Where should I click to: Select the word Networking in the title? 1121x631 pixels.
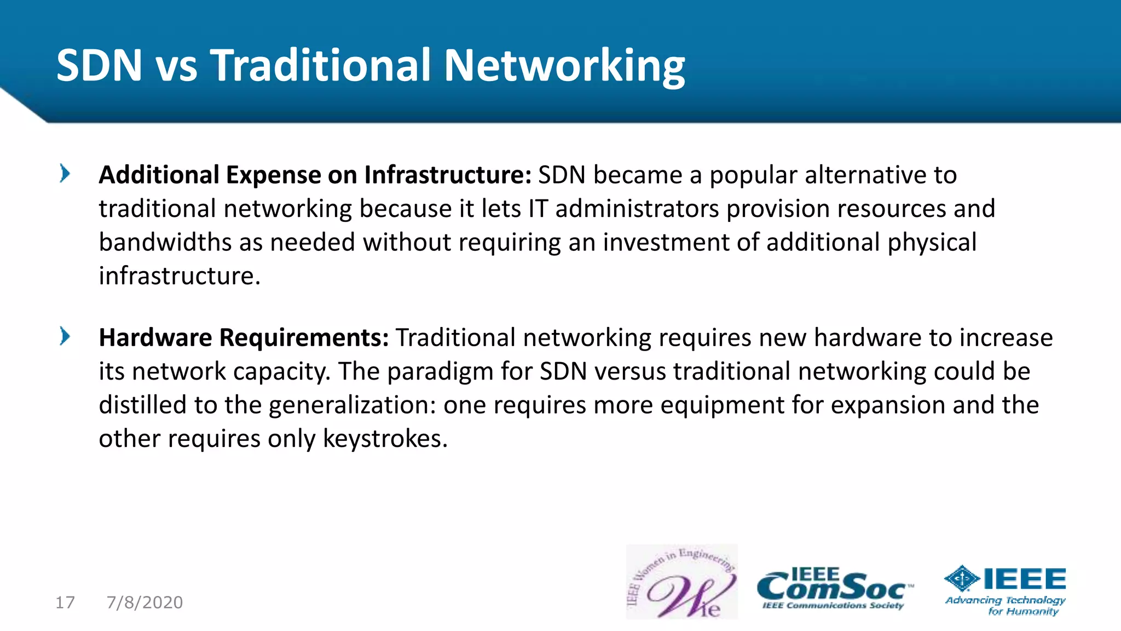(x=564, y=67)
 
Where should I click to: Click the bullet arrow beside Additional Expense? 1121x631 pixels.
(x=65, y=174)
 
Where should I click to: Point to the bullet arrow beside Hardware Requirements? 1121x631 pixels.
(x=65, y=336)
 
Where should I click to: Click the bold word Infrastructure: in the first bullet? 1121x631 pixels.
(x=448, y=175)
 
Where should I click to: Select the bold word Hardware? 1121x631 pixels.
(x=155, y=337)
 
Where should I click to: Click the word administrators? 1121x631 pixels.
(x=637, y=209)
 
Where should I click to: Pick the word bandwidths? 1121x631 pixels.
(x=165, y=242)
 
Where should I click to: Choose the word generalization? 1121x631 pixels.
(x=352, y=406)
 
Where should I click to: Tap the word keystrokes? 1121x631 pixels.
(x=385, y=439)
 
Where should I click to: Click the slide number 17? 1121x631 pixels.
(x=65, y=603)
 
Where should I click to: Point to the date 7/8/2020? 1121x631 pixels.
(x=145, y=603)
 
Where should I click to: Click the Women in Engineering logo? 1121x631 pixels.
(x=681, y=582)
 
